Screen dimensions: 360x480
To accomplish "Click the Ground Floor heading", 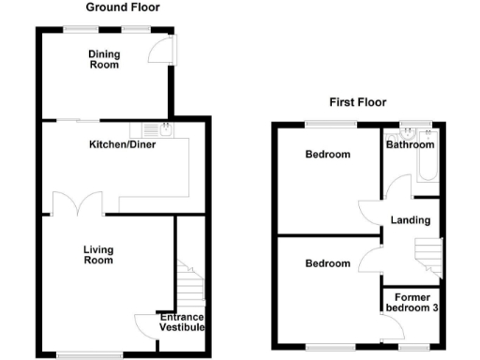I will pyautogui.click(x=122, y=7).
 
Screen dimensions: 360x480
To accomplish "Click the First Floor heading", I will pyautogui.click(x=357, y=102).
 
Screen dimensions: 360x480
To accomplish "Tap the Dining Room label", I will pyautogui.click(x=104, y=59).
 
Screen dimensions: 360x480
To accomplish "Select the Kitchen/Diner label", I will pyautogui.click(x=122, y=145).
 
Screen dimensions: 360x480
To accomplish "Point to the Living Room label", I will pyautogui.click(x=98, y=254).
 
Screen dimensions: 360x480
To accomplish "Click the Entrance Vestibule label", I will pyautogui.click(x=182, y=323).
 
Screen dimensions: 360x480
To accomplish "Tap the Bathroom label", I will pyautogui.click(x=411, y=145).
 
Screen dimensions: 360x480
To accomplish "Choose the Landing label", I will pyautogui.click(x=411, y=221).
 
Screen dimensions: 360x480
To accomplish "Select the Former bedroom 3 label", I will pyautogui.click(x=412, y=303).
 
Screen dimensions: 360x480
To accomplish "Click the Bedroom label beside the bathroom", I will pyautogui.click(x=327, y=155).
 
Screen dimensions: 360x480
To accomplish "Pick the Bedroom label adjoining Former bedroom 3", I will pyautogui.click(x=327, y=263).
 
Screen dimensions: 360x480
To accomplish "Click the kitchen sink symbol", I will pyautogui.click(x=156, y=130).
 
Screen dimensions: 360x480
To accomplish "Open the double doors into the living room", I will pyautogui.click(x=76, y=202).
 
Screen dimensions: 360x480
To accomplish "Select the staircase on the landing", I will pyautogui.click(x=427, y=254).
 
